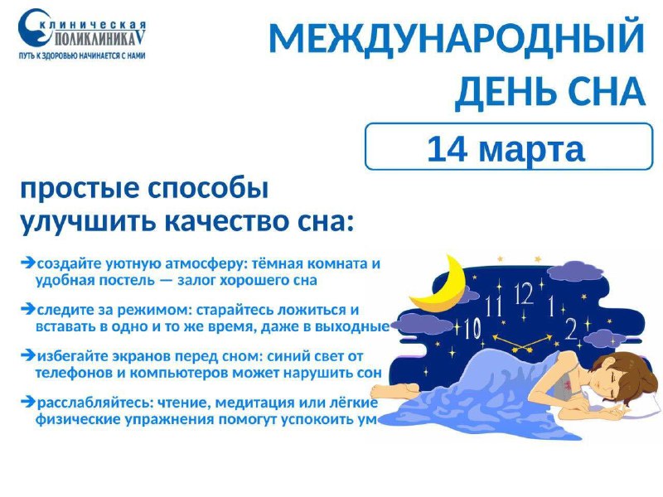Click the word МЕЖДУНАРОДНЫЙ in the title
[x=457, y=38]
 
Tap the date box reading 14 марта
[x=509, y=147]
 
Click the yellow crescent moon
[x=440, y=287]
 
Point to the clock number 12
[x=524, y=293]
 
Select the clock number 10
[x=472, y=328]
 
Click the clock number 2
[x=571, y=328]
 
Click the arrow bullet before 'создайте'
[x=28, y=263]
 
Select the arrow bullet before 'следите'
[x=28, y=309]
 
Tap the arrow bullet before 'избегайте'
[x=28, y=356]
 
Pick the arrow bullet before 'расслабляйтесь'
[x=28, y=403]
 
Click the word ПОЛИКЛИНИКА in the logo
[x=97, y=39]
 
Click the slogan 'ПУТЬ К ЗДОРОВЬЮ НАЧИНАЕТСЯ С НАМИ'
[x=82, y=55]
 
